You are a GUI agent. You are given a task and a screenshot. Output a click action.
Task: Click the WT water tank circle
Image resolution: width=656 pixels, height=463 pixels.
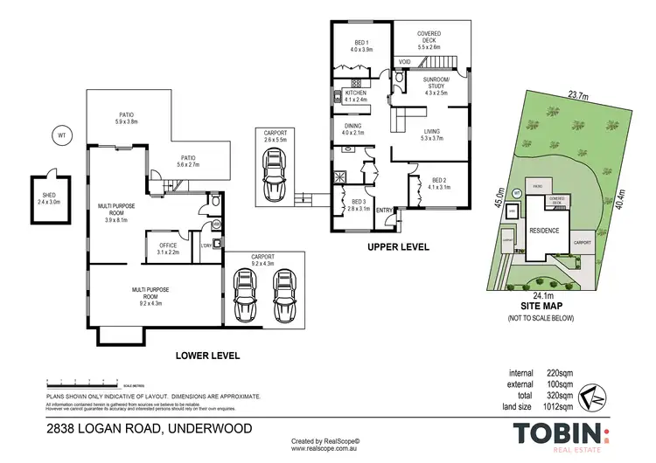tap(61, 135)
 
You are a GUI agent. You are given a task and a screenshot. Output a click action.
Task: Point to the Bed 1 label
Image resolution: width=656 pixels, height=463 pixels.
tap(361, 45)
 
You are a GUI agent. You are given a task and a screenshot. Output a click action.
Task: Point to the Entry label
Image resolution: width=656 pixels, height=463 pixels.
tap(384, 210)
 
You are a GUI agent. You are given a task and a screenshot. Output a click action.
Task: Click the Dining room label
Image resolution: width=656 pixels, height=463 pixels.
tap(352, 128)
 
